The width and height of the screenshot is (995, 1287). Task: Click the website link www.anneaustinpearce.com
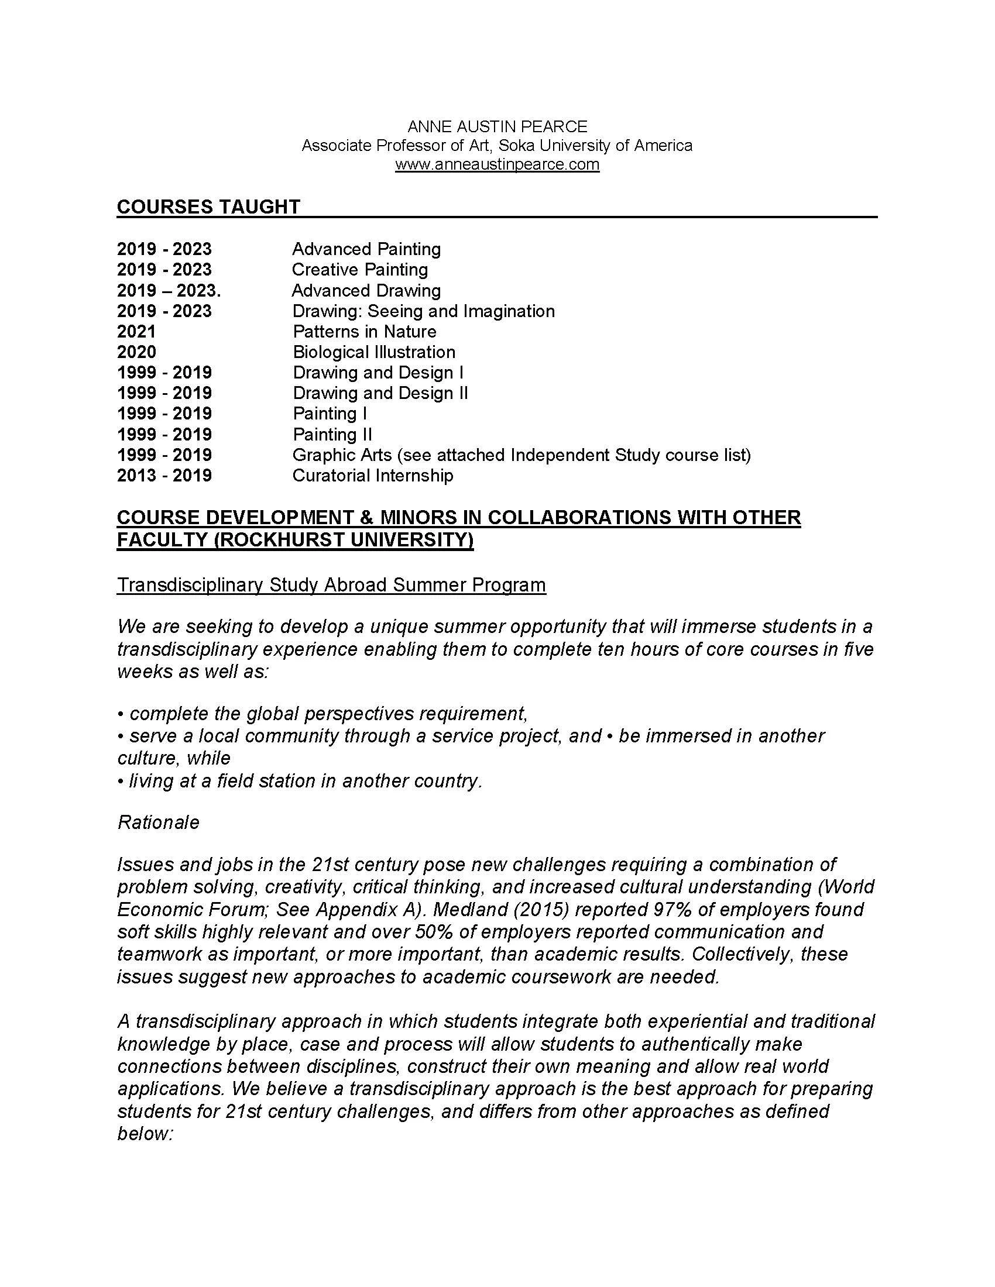point(497,164)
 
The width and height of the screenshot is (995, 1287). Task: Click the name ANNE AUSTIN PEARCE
point(497,127)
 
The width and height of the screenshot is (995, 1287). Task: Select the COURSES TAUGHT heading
point(209,207)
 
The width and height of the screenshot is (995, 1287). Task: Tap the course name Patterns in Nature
point(364,331)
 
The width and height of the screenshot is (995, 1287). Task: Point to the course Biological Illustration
point(374,352)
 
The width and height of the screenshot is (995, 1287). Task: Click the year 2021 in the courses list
point(136,331)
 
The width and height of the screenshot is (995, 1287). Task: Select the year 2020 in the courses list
point(137,352)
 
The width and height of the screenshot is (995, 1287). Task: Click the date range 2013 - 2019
point(164,476)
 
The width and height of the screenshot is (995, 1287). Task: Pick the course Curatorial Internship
point(372,476)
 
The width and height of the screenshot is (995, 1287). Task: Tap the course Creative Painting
point(359,269)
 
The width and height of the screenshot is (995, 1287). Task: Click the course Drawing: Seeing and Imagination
point(423,311)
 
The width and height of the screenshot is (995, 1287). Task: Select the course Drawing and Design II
point(380,393)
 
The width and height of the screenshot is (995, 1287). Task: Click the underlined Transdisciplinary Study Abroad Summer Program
point(331,584)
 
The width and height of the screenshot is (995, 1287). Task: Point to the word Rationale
point(159,822)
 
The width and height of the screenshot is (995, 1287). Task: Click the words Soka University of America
point(595,146)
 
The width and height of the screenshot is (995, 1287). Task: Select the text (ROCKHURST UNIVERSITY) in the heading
point(343,540)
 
